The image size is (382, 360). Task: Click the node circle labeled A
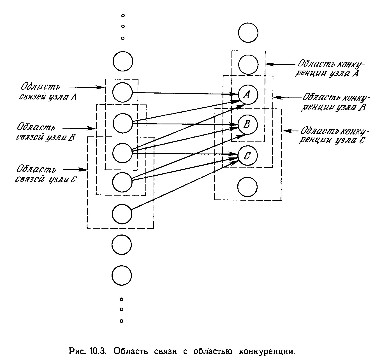pyautogui.click(x=248, y=94)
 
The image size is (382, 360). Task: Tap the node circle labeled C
pyautogui.click(x=248, y=156)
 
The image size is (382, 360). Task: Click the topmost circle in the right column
pyautogui.click(x=248, y=33)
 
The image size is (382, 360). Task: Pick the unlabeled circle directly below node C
pyautogui.click(x=247, y=187)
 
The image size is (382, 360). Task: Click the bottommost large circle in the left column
pyautogui.click(x=122, y=275)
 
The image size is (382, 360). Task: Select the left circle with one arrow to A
pyautogui.click(x=122, y=92)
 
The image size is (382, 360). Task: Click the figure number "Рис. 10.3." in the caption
pyautogui.click(x=87, y=351)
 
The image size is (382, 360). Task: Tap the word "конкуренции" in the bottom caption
pyautogui.click(x=267, y=351)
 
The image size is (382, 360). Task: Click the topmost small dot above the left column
pyautogui.click(x=123, y=15)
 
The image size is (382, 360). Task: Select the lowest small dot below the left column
pyautogui.click(x=122, y=321)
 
